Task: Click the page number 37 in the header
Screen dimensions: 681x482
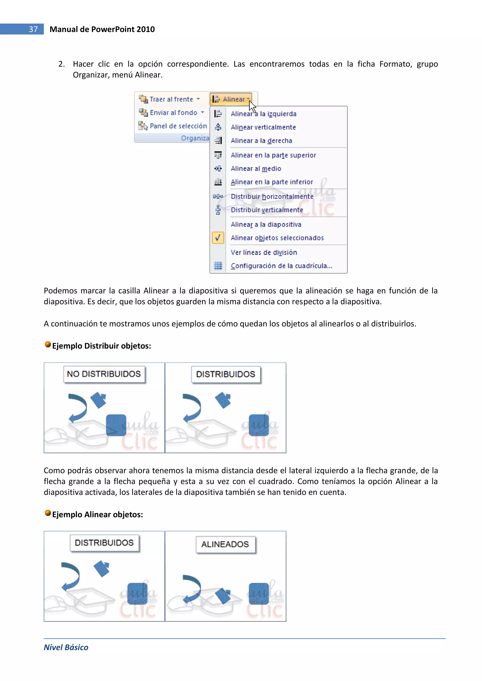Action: point(33,29)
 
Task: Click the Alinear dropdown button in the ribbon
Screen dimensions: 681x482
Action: point(231,99)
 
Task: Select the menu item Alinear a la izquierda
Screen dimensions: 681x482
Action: point(263,114)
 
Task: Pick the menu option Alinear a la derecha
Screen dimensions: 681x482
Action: point(261,141)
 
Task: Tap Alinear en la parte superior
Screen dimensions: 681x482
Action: point(273,155)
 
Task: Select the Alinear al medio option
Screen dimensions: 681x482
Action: point(256,168)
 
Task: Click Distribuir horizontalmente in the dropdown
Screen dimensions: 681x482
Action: point(272,196)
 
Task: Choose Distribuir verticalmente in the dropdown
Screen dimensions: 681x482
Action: point(267,210)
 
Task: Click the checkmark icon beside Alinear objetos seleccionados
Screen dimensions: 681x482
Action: point(218,238)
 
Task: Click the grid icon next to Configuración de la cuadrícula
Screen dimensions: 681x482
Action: point(218,266)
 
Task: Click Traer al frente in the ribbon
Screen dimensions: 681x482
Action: point(171,99)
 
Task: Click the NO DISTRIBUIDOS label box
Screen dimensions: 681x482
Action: point(104,374)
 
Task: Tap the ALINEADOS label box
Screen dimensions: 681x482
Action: point(225,544)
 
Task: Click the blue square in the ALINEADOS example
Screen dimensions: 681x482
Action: point(258,593)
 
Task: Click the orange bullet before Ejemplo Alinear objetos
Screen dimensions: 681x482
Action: point(48,513)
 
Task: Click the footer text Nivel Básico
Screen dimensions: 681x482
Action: point(66,647)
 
